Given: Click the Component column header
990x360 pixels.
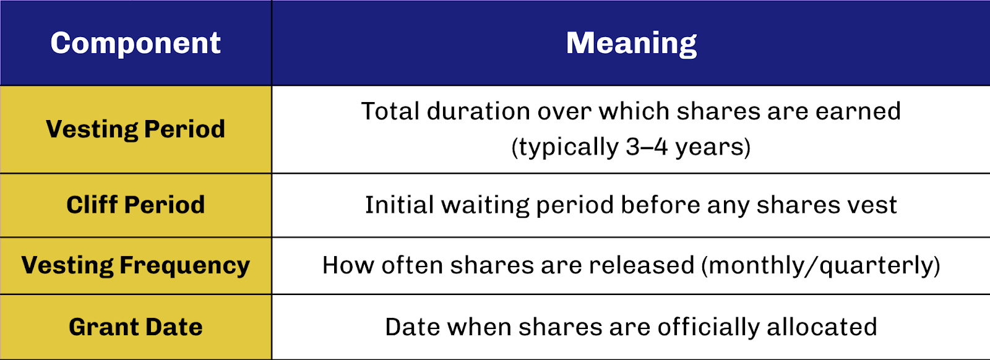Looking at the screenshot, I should [136, 43].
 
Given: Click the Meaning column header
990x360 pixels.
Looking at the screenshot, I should [631, 43].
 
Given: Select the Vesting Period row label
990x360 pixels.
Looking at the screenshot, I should [136, 129].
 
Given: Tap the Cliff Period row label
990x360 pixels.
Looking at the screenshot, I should [136, 205].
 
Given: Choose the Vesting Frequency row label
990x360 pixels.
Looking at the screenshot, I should [136, 265].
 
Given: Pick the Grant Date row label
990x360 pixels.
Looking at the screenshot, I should [136, 327].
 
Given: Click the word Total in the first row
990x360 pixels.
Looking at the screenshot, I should [390, 111].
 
